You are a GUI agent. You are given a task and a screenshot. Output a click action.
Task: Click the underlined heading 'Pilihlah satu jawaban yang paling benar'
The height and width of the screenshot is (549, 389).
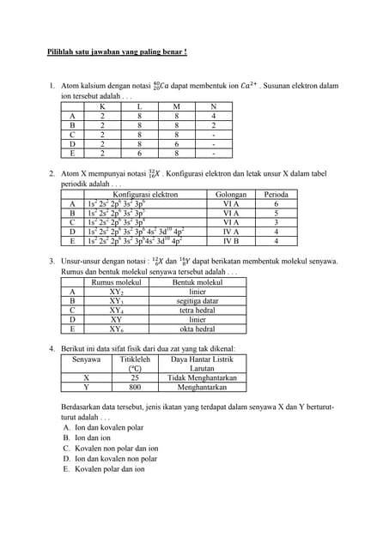(x=117, y=52)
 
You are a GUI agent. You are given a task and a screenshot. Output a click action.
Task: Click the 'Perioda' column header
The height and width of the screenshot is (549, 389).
(x=276, y=196)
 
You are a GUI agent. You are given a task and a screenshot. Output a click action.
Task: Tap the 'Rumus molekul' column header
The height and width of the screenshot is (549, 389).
(x=115, y=282)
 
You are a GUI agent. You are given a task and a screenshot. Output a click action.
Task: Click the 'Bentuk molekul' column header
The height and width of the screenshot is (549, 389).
(x=197, y=282)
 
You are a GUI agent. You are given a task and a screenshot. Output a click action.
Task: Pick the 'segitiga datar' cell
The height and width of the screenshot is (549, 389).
(x=197, y=301)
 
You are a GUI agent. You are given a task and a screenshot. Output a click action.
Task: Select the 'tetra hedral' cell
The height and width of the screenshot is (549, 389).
(x=197, y=311)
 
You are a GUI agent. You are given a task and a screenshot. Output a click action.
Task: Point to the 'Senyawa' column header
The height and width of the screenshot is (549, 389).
(x=86, y=360)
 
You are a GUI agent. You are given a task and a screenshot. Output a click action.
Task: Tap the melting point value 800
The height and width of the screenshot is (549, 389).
(x=136, y=387)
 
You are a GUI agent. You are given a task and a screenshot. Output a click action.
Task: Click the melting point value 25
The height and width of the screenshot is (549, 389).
(x=136, y=377)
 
